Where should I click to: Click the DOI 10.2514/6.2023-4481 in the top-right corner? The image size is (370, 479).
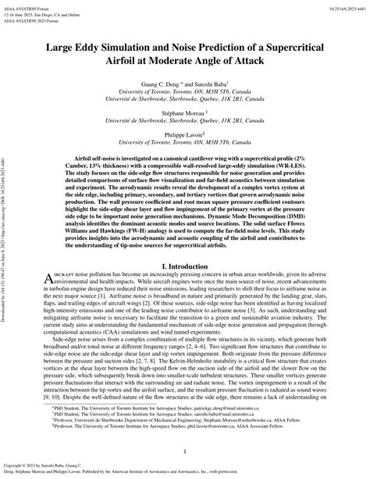click(x=340, y=7)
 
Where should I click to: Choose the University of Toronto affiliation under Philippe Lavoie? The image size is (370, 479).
click(x=185, y=141)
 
